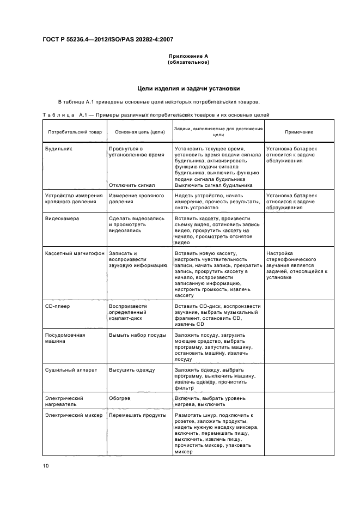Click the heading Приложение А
tap(188, 56)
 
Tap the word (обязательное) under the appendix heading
tap(188, 62)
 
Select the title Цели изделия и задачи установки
tap(188, 88)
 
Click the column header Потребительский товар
tap(75, 132)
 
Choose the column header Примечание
tap(298, 132)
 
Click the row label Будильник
tap(59, 148)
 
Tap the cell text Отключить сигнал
tap(132, 185)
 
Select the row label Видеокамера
tap(62, 218)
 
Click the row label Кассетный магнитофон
tap(75, 253)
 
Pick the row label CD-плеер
tap(57, 306)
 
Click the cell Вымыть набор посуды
tap(137, 335)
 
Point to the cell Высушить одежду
tap(132, 370)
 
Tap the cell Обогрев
tap(120, 398)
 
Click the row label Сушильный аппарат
tap(71, 370)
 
